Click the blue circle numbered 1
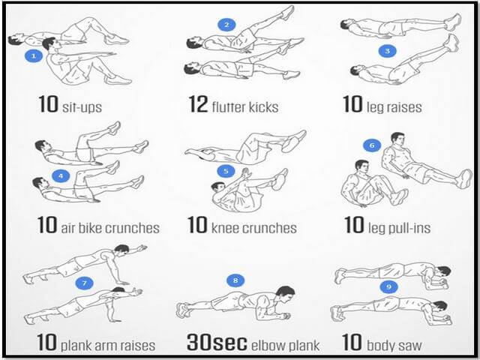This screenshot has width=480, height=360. coord(34,56)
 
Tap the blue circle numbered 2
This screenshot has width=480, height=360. coord(226,25)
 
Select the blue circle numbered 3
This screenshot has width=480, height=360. coord(388,51)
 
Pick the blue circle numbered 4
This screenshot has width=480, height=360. coord(61,176)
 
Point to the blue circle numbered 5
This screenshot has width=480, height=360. coord(226,171)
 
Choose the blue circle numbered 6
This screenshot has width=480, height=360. coord(372,145)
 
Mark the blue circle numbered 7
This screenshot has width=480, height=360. coord(84,283)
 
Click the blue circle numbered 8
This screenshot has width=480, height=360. coord(235,280)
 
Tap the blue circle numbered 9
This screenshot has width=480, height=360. coord(388,286)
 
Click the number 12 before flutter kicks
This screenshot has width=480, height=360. coord(198,104)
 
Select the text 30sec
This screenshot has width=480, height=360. coord(217,342)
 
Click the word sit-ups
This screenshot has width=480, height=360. coord(82,107)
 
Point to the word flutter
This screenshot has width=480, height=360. coord(229,106)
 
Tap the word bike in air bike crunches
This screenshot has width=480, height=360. coord(87,228)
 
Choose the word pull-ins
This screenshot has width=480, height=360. coord(409,228)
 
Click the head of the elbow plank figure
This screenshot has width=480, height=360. coord(284,294)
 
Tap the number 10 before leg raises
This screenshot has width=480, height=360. coord(352,104)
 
